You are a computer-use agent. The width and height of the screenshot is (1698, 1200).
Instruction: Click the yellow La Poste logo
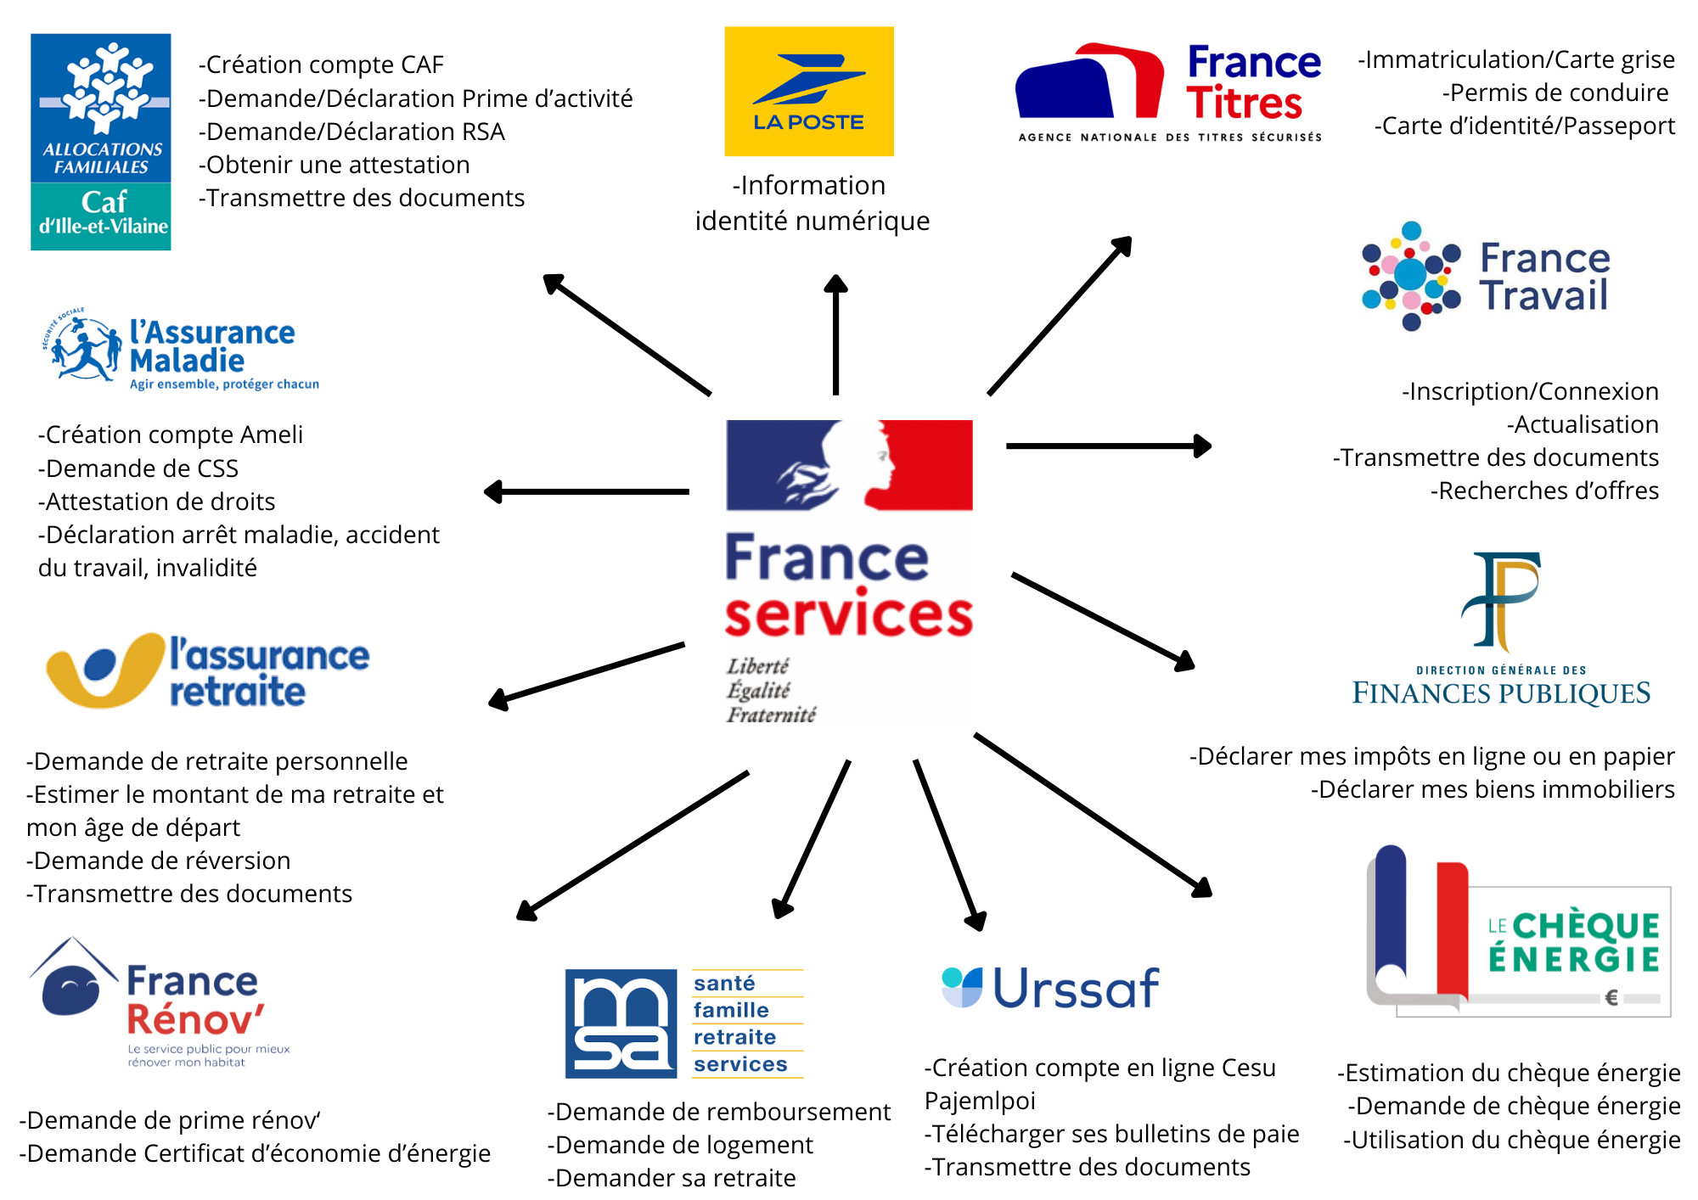click(x=808, y=91)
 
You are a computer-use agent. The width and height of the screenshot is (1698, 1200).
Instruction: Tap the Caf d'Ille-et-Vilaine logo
click(x=101, y=142)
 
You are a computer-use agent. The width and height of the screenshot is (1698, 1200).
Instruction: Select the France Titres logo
click(x=1169, y=92)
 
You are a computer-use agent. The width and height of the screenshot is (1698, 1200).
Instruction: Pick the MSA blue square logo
click(x=621, y=1023)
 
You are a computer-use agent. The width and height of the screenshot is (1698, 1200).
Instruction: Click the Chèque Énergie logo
click(x=1518, y=932)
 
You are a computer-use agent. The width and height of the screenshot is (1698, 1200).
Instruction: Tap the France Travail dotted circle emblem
click(x=1410, y=275)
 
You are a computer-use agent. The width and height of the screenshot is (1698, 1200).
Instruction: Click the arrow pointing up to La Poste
click(x=836, y=334)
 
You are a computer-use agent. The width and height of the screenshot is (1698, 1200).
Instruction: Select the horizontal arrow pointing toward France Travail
click(x=1108, y=446)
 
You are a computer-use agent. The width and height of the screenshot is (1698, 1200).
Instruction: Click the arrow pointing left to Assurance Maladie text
click(x=587, y=491)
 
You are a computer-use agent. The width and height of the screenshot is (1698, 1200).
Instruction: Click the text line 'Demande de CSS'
click(x=138, y=468)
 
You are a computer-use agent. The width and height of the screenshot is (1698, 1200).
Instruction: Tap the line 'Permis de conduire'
click(x=1555, y=93)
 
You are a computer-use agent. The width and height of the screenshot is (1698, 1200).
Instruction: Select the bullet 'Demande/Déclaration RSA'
click(x=351, y=132)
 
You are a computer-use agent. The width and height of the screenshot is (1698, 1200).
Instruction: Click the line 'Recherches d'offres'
click(x=1544, y=491)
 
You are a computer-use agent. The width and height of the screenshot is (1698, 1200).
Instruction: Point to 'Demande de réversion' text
click(x=159, y=861)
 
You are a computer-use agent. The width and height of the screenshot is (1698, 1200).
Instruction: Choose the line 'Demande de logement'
click(x=680, y=1145)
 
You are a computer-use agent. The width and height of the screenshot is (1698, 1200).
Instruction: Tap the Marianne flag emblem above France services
click(x=849, y=465)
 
